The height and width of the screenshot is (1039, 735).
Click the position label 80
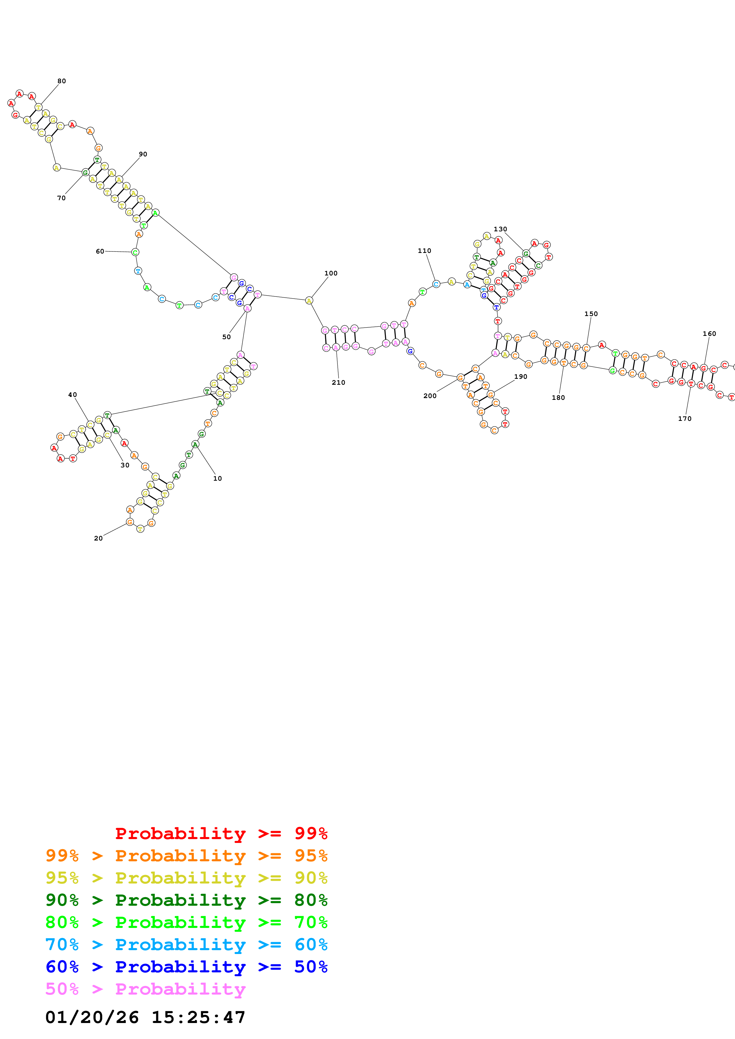point(62,81)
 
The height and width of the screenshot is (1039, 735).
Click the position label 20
point(98,538)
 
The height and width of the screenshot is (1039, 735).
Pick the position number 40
point(72,395)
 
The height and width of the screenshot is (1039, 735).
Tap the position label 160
point(709,333)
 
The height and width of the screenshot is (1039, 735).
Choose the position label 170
point(684,419)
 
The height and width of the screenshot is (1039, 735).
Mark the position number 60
point(100,251)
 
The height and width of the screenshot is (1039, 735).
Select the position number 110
point(424,251)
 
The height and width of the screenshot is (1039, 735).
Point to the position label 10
point(217,478)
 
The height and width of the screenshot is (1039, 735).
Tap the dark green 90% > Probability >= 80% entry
point(186,900)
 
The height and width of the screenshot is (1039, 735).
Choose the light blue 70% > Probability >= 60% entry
point(186,945)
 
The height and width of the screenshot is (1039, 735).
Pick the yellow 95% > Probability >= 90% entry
point(186,878)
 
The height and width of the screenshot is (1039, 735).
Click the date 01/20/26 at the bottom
point(92,1017)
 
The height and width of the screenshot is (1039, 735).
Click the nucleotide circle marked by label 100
point(309,301)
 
